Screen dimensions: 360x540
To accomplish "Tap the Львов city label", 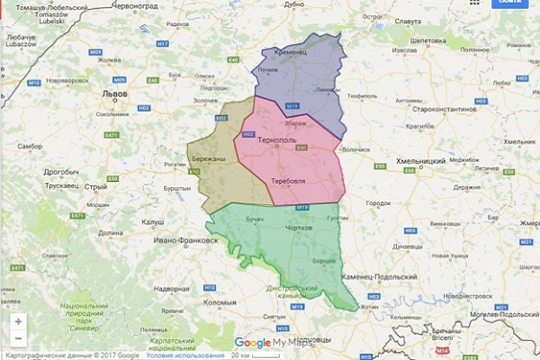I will (x=116, y=93).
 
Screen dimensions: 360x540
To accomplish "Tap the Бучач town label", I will (x=255, y=219).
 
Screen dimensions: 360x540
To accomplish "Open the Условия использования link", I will (x=186, y=355).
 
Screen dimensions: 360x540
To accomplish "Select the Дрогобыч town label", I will (x=62, y=170).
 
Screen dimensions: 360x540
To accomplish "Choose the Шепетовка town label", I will (x=428, y=40).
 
